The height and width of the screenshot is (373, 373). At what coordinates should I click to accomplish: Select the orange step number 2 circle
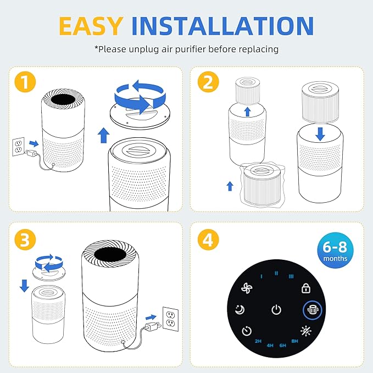pyautogui.click(x=207, y=83)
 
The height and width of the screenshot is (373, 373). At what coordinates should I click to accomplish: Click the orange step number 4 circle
pyautogui.click(x=207, y=239)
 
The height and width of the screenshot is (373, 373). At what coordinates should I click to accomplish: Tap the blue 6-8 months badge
pyautogui.click(x=335, y=251)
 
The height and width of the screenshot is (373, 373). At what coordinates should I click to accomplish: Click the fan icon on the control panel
pyautogui.click(x=246, y=288)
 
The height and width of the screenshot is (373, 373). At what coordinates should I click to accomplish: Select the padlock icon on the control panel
pyautogui.click(x=306, y=288)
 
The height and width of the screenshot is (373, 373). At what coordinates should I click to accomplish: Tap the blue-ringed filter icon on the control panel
pyautogui.click(x=313, y=310)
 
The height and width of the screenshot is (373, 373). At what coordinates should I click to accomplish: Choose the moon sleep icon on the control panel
pyautogui.click(x=240, y=310)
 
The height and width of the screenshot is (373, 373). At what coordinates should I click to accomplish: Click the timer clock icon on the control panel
pyautogui.click(x=247, y=331)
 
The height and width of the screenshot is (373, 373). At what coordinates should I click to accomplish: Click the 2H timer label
pyautogui.click(x=258, y=342)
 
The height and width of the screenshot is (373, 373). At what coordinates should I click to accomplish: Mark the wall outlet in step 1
pyautogui.click(x=18, y=147)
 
